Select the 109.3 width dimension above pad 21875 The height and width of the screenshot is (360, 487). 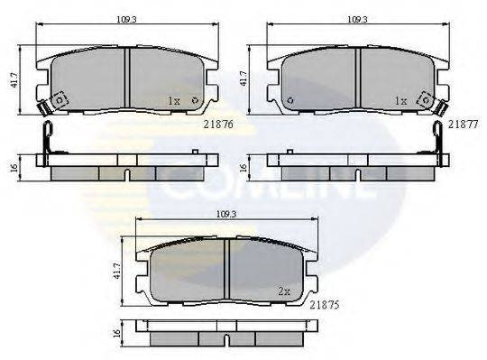pos(227,215)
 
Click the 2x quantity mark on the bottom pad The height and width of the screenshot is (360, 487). pos(285,291)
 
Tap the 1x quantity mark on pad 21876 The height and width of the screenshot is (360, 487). pos(175,101)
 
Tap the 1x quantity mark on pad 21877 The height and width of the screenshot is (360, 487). pos(402,101)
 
